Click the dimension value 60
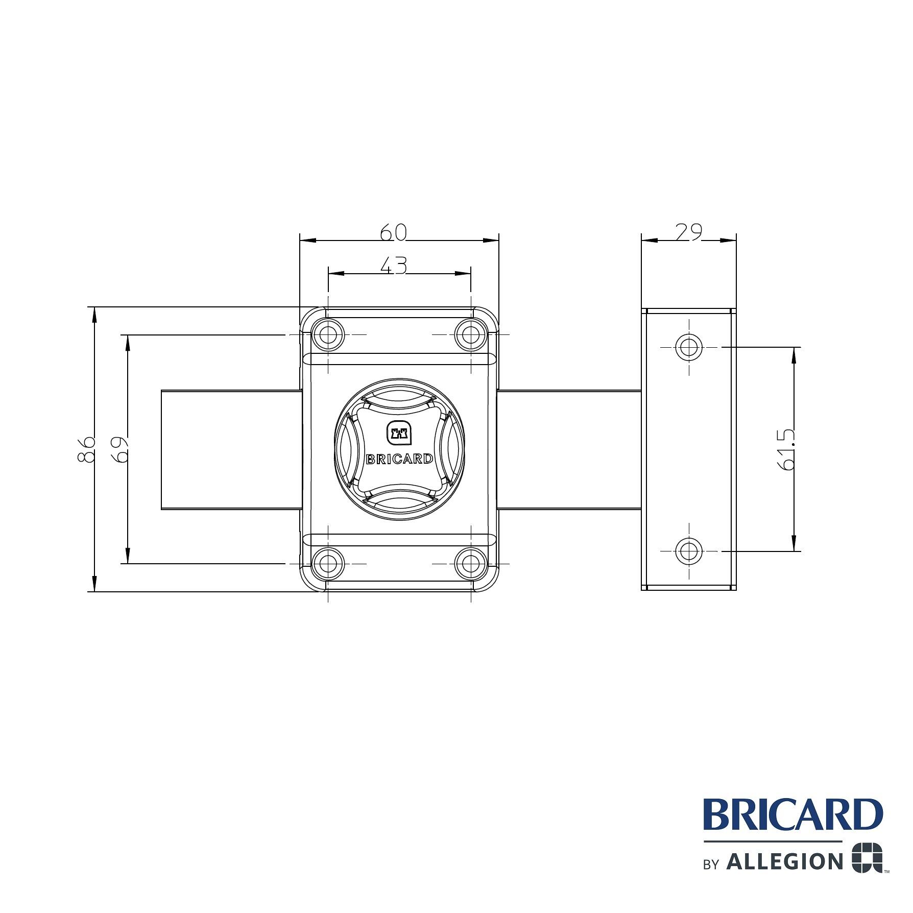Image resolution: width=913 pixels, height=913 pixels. [394, 233]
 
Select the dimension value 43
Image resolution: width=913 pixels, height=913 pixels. [394, 266]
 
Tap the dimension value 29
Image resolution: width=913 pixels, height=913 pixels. [688, 232]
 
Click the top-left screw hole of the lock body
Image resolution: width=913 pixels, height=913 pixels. [328, 335]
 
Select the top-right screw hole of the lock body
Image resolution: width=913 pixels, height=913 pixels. [470, 335]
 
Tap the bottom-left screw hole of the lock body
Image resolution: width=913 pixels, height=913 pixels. [328, 563]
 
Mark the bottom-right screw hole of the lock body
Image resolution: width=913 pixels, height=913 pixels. [470, 563]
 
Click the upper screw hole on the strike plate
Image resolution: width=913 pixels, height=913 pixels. [689, 347]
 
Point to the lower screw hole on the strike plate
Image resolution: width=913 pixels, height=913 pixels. [689, 551]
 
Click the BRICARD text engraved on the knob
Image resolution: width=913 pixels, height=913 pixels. [399, 459]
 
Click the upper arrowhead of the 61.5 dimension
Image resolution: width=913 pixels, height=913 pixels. [794, 355]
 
